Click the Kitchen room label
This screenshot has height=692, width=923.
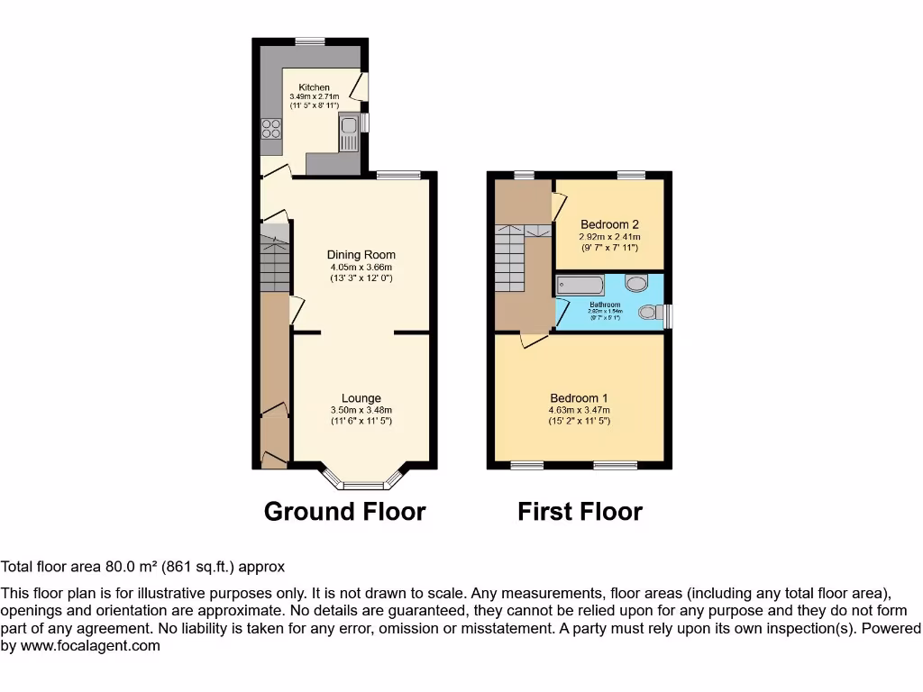(314, 87)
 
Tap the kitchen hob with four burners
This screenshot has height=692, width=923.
(270, 130)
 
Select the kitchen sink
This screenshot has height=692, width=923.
(348, 132)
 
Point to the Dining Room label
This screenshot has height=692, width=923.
(361, 255)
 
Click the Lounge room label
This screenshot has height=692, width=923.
(361, 398)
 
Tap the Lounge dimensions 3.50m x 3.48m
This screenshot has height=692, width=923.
(361, 410)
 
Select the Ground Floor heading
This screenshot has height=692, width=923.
(344, 512)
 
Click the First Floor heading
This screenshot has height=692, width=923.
(580, 512)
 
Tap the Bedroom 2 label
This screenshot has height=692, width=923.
(609, 224)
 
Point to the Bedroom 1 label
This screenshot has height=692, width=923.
(579, 398)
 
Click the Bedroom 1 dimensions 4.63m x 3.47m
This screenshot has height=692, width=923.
(579, 410)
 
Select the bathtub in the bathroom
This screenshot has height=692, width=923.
(580, 287)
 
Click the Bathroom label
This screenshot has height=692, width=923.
(606, 305)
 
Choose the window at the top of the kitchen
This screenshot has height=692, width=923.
(311, 41)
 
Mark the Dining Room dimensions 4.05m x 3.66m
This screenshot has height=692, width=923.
(361, 267)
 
